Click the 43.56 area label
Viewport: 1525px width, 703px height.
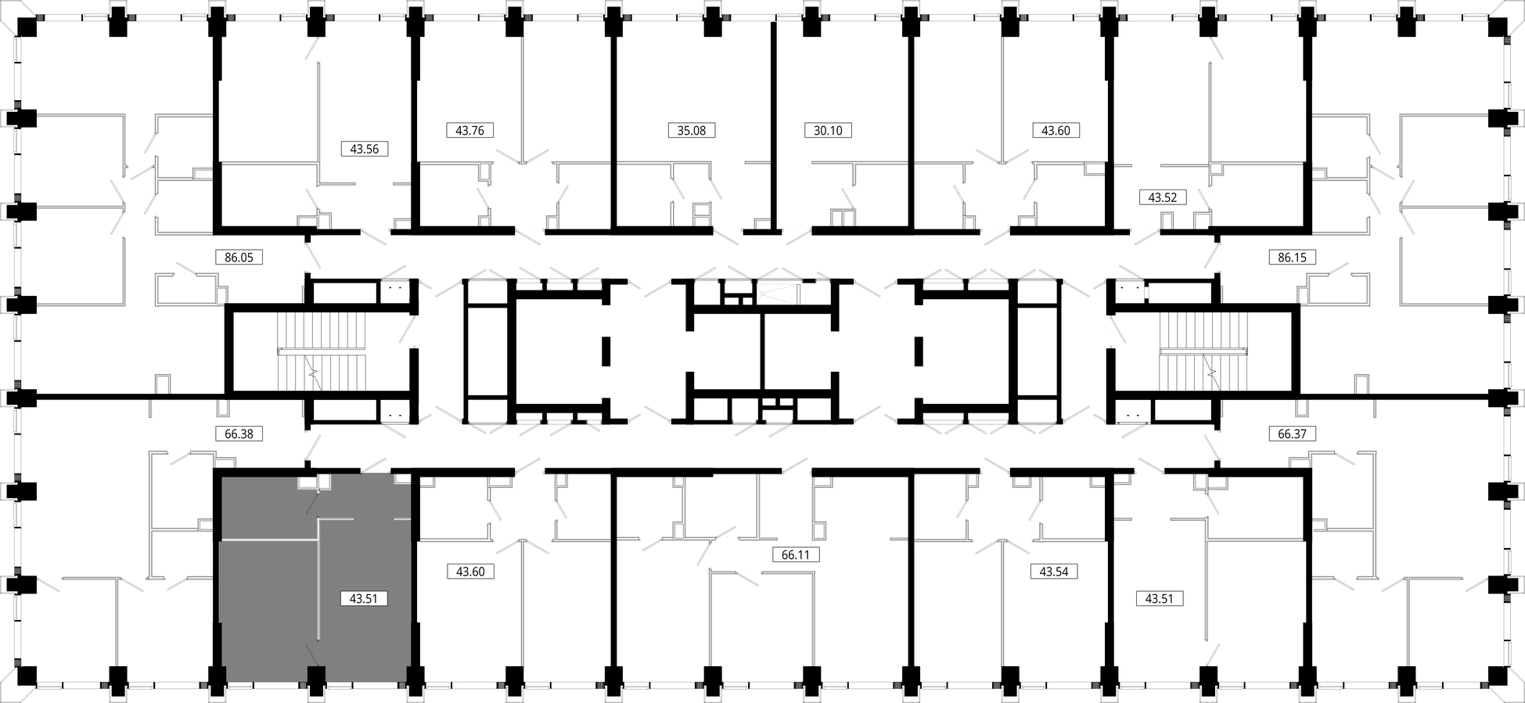pyautogui.click(x=365, y=149)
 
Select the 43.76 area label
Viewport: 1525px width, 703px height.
pyautogui.click(x=469, y=131)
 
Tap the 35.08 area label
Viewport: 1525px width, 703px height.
pyautogui.click(x=692, y=131)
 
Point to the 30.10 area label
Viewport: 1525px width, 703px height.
pyautogui.click(x=828, y=131)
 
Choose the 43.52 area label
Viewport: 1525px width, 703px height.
pyautogui.click(x=1163, y=197)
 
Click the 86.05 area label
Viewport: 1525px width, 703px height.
pyautogui.click(x=239, y=257)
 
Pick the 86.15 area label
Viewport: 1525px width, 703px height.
pyautogui.click(x=1292, y=257)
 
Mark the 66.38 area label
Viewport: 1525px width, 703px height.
pyautogui.click(x=239, y=433)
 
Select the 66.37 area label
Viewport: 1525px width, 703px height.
pyautogui.click(x=1292, y=433)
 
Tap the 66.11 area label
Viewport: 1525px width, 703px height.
pyautogui.click(x=796, y=554)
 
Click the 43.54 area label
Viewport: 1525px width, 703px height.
pyautogui.click(x=1054, y=571)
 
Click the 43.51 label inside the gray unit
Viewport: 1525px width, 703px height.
pyautogui.click(x=364, y=599)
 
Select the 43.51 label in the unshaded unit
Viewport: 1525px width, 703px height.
pyautogui.click(x=1159, y=599)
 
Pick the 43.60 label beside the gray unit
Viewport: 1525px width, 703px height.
pyautogui.click(x=470, y=571)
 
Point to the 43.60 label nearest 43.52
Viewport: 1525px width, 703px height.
pyautogui.click(x=1056, y=131)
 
